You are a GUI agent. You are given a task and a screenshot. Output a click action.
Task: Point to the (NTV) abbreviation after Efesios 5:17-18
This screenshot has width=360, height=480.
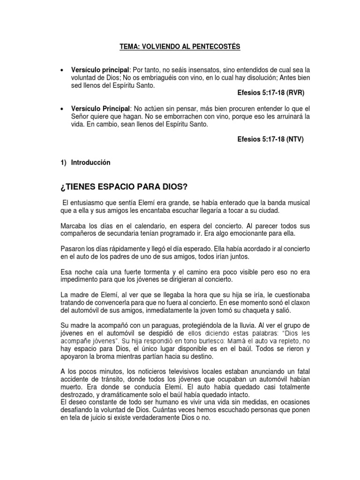point(293,139)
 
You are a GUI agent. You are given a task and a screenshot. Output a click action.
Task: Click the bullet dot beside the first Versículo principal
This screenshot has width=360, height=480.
point(62,70)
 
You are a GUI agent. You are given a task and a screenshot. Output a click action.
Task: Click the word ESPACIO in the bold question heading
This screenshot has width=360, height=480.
point(115,187)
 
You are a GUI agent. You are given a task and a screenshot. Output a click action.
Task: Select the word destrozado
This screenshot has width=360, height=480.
point(79,395)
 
